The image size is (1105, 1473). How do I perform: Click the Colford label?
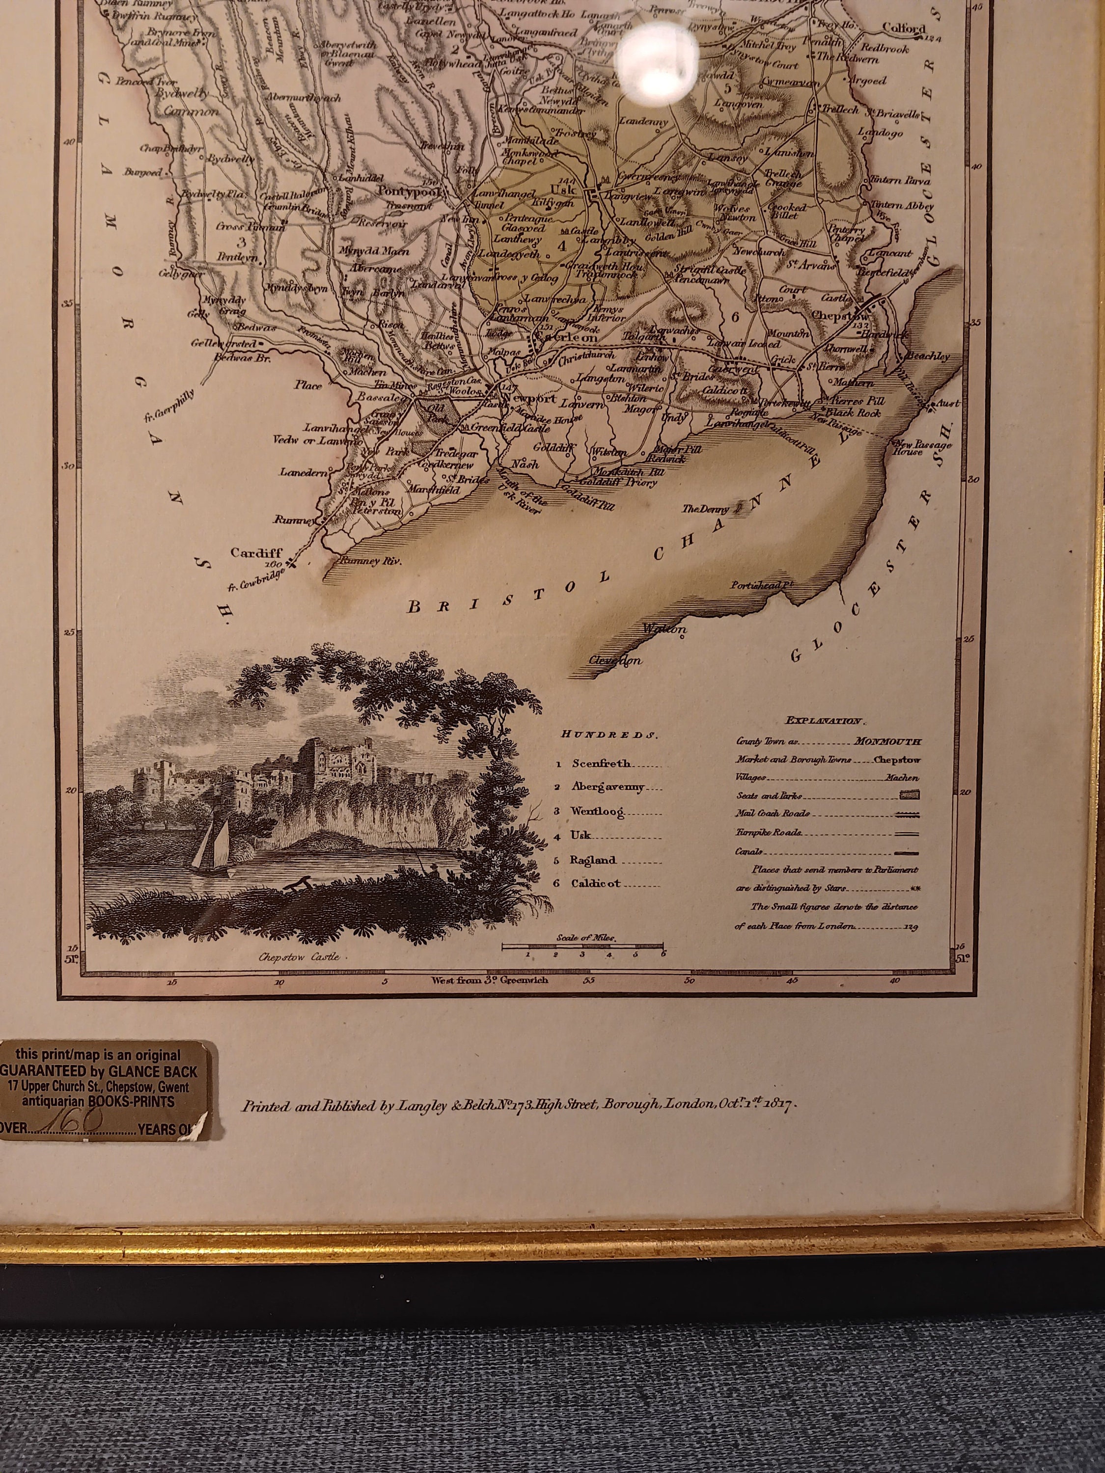coord(903,28)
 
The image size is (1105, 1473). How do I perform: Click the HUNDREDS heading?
coord(609,735)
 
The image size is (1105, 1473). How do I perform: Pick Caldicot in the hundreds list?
coord(595,884)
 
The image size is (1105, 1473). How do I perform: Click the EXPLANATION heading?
coord(825,720)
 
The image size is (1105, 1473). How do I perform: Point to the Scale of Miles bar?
coord(582,945)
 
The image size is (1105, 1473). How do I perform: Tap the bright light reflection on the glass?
coord(658,65)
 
